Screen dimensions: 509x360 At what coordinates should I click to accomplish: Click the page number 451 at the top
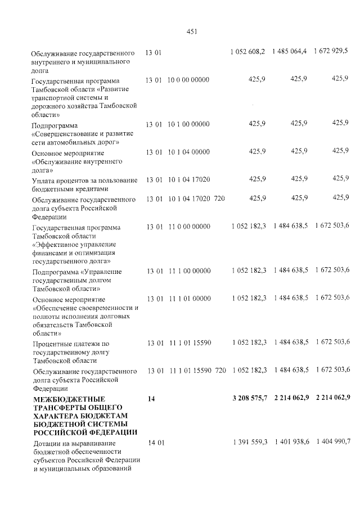tap(191, 31)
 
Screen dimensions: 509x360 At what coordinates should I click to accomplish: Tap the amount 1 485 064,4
tap(290, 52)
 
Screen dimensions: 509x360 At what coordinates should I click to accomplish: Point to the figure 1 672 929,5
tap(331, 51)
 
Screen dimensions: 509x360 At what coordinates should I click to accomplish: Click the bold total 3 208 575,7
tap(249, 398)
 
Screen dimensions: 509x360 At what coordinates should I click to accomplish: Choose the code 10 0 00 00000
tap(188, 79)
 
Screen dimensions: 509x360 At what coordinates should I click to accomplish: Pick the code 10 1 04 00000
tap(188, 151)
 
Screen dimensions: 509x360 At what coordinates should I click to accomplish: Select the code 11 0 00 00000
tap(188, 226)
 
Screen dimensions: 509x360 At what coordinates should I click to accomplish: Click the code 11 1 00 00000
tap(188, 271)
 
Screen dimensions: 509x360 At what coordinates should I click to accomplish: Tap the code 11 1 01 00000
tap(188, 298)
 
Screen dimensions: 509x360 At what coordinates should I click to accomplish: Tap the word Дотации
tap(47, 444)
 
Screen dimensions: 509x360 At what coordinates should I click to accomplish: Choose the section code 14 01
tap(156, 443)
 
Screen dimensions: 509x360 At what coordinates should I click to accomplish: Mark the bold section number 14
tap(151, 399)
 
